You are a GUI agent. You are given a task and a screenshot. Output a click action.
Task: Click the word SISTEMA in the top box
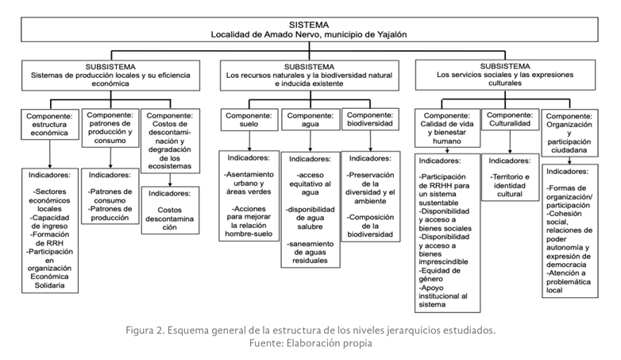click(x=309, y=25)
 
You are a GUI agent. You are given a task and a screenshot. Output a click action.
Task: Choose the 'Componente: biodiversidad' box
click(x=371, y=119)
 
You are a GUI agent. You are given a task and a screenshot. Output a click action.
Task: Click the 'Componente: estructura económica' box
click(x=49, y=124)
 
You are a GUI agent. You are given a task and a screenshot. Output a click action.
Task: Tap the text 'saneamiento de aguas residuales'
click(x=310, y=252)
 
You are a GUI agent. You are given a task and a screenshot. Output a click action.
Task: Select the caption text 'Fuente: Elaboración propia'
click(x=310, y=343)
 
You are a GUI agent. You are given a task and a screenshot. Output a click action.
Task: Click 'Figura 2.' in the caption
click(x=146, y=330)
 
